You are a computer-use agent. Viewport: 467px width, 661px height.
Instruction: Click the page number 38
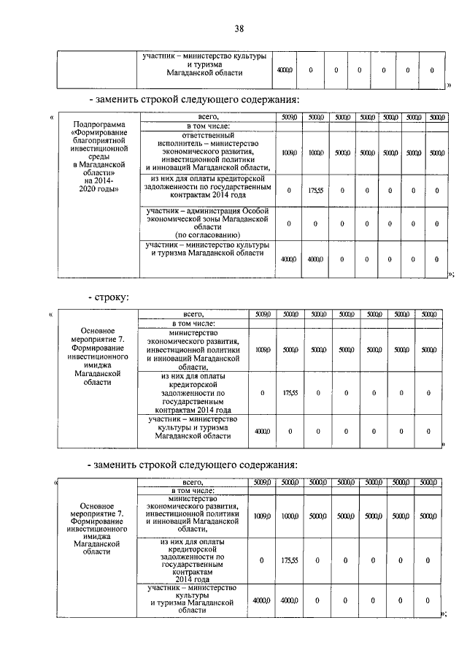click(239, 28)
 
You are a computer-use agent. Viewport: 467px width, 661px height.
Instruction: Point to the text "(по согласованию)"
click(204, 235)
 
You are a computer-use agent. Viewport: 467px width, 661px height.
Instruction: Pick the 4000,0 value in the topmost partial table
click(284, 70)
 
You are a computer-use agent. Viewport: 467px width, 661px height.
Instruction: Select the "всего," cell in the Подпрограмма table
click(204, 117)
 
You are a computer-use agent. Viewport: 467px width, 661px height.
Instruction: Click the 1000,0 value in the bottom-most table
click(290, 516)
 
